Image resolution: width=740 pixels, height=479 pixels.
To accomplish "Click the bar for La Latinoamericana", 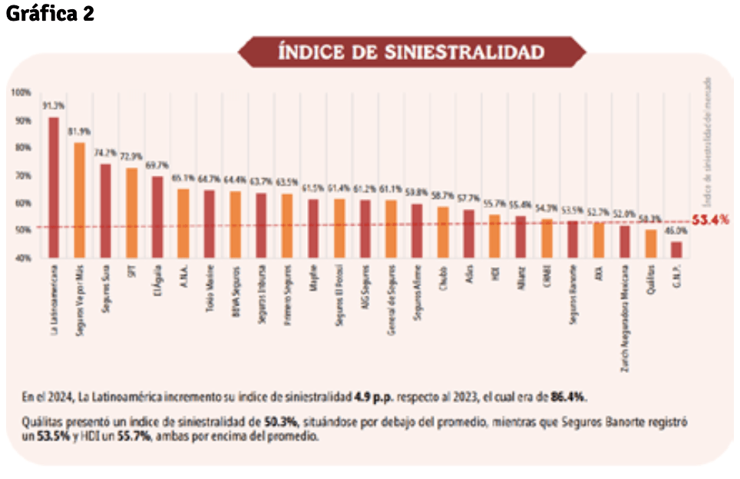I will [54, 187].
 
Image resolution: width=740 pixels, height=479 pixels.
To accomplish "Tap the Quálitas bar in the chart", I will [650, 243].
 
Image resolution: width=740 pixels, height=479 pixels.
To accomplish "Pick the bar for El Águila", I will [157, 216].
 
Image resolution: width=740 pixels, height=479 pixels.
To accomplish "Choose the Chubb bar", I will [443, 232].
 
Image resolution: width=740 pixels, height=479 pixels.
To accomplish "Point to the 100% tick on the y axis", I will [21, 93].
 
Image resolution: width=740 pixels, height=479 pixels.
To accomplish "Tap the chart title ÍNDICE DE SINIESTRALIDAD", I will [411, 51].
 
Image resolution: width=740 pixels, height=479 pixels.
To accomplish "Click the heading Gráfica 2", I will [49, 14].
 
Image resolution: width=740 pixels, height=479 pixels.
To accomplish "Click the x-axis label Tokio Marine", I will [210, 289].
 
